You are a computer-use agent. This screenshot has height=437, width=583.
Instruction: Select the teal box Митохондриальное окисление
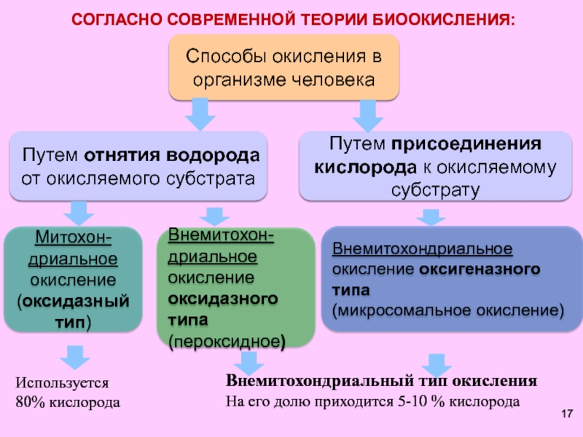(x=72, y=280)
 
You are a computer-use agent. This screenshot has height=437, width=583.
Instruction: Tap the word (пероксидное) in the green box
(x=227, y=341)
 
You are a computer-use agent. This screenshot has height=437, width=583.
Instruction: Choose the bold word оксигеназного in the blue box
(x=480, y=269)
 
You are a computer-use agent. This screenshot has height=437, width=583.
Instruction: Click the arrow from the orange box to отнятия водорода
(x=198, y=114)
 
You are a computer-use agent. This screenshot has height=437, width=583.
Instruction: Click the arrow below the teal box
(x=74, y=356)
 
